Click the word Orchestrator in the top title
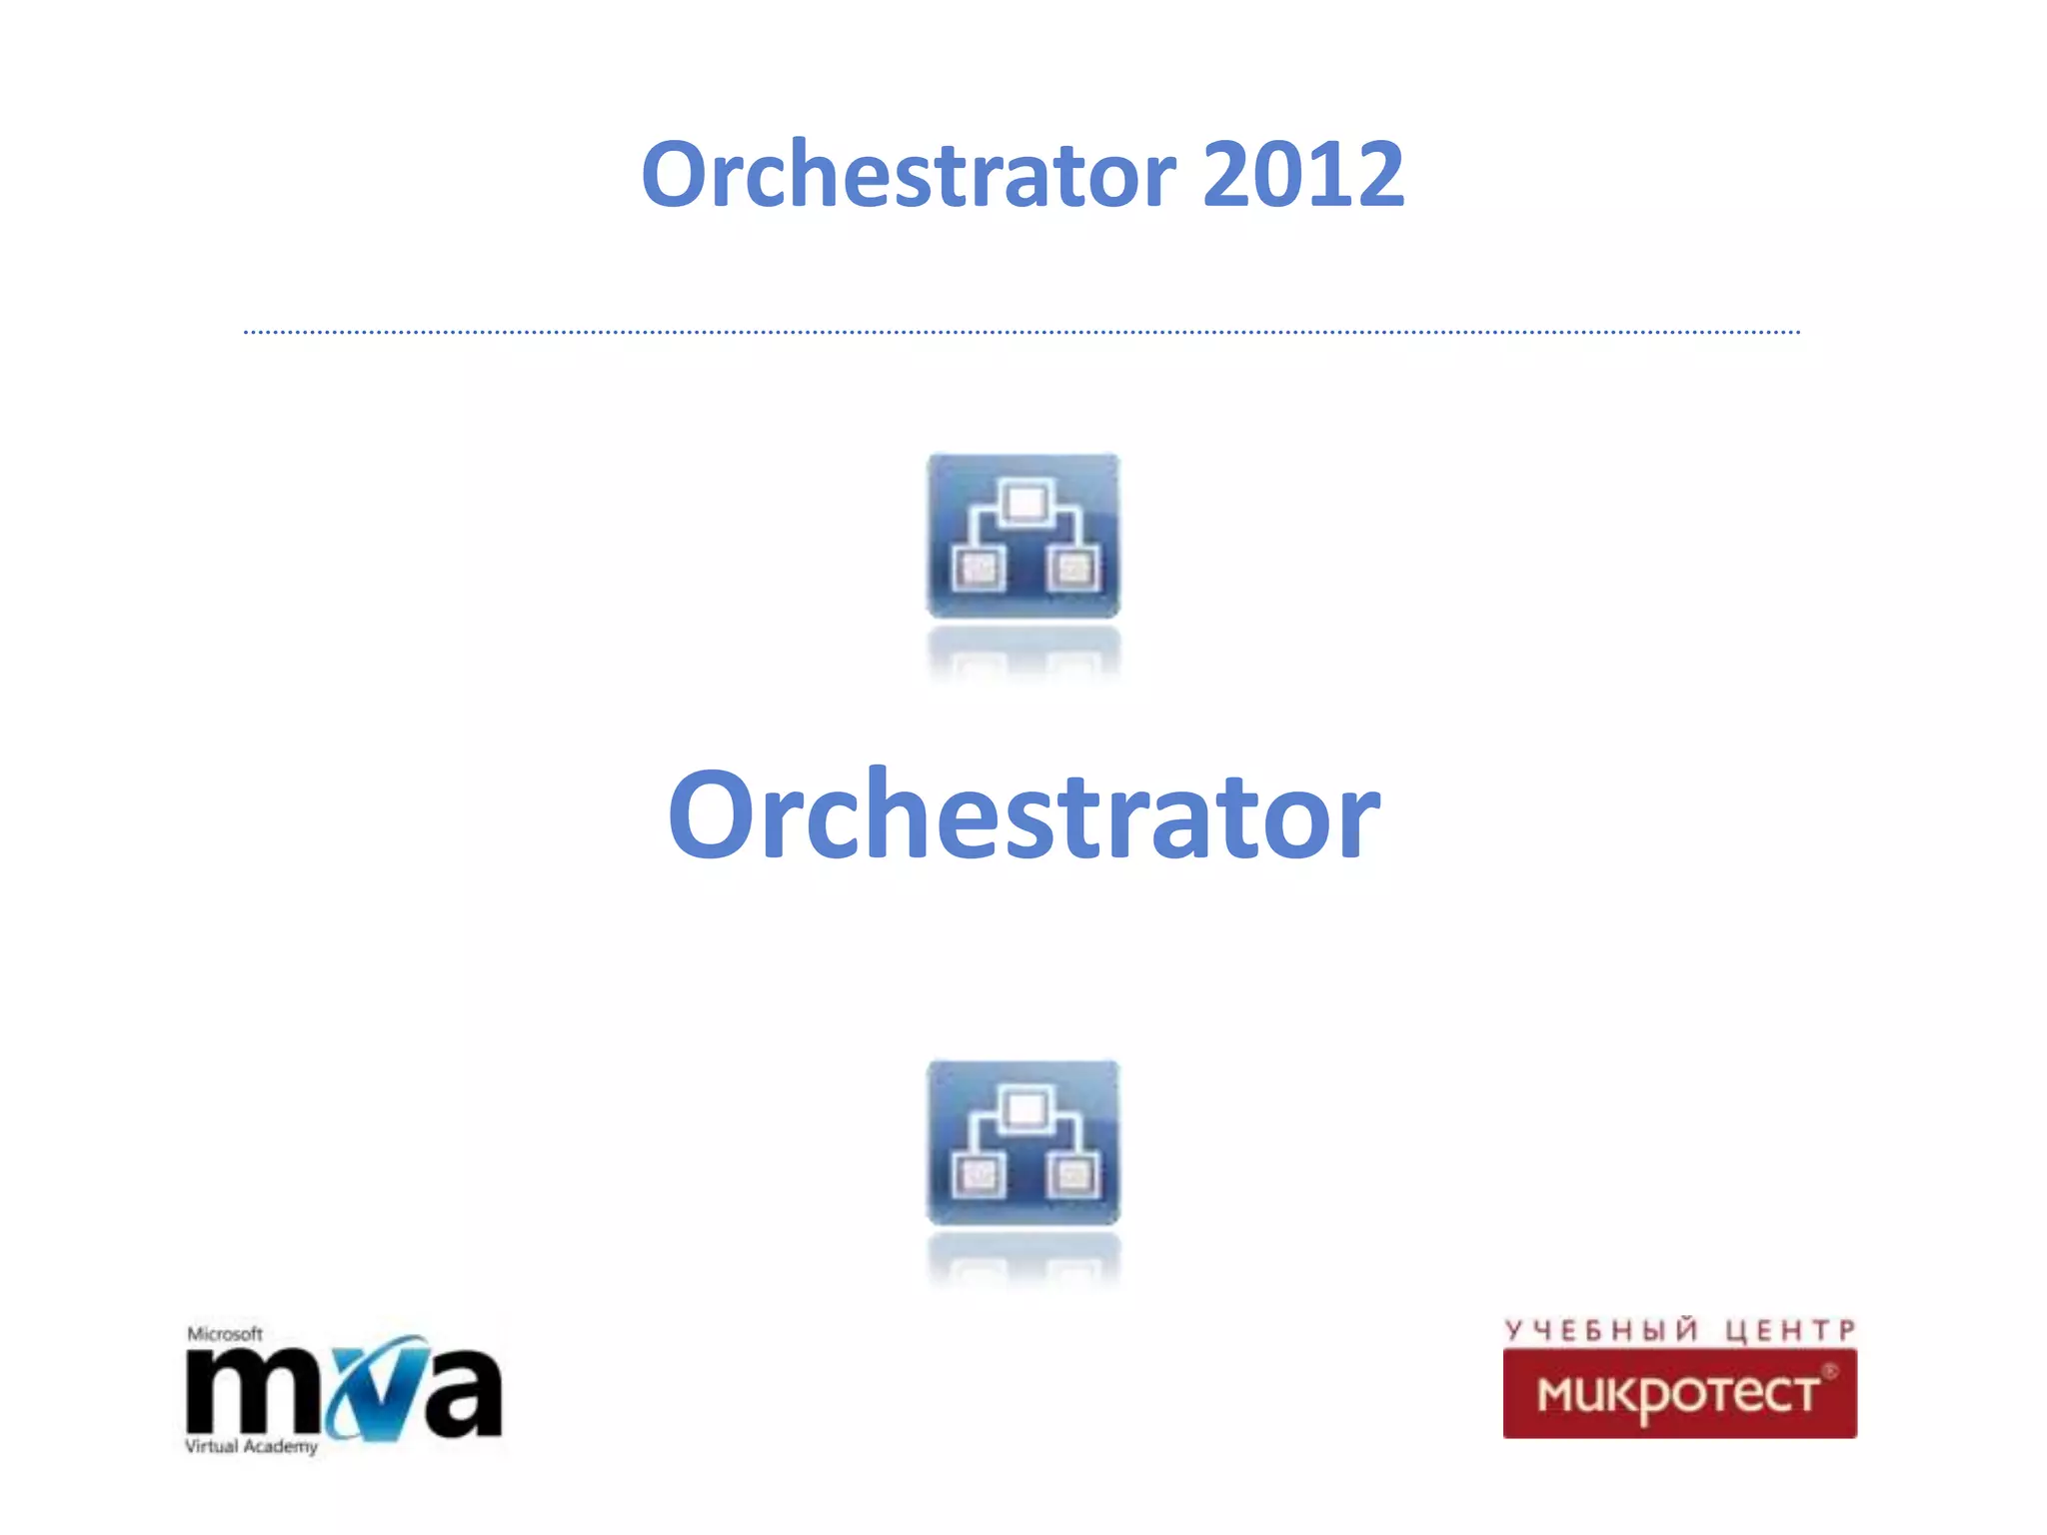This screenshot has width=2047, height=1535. point(908,175)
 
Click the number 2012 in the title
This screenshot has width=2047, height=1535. point(1303,175)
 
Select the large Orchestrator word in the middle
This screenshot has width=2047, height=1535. point(1023,814)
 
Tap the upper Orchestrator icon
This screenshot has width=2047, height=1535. point(1023,536)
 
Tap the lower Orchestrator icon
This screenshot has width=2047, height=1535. point(1023,1142)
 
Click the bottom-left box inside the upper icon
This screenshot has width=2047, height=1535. point(978,570)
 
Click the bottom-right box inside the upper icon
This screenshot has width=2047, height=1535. point(1072,570)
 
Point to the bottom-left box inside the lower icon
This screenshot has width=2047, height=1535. point(978,1175)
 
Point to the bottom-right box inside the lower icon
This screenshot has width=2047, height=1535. point(1072,1175)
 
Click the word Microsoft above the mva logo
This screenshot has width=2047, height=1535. point(225,1334)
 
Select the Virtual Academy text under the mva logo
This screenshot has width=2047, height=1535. point(251,1446)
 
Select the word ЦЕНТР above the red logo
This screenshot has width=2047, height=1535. point(1790,1330)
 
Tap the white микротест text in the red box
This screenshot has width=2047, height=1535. point(1678,1394)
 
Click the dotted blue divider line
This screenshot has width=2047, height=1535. point(1022,332)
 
